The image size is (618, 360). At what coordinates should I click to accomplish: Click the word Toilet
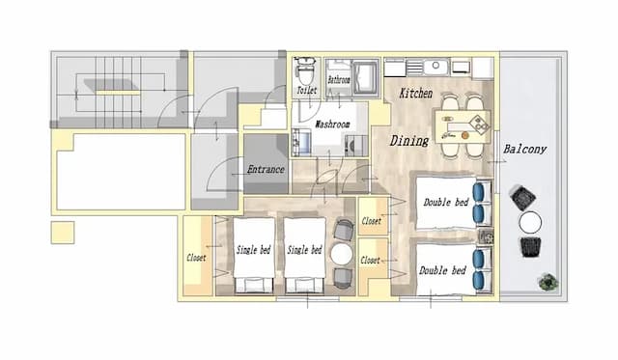[x=307, y=90]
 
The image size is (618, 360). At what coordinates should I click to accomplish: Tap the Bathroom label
[x=339, y=80]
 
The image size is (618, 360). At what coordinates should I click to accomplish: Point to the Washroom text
[x=332, y=125]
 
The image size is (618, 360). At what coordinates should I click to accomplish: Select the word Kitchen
[x=416, y=94]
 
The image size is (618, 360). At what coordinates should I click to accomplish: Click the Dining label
[x=409, y=141]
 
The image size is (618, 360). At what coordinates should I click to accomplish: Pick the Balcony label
[x=524, y=150]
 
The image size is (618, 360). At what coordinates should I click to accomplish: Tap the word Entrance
[x=266, y=169]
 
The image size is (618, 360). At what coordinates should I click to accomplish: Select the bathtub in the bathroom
[x=366, y=77]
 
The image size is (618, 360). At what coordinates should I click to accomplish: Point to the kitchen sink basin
[x=435, y=67]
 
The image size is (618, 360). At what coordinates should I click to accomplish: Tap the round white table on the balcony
[x=530, y=223]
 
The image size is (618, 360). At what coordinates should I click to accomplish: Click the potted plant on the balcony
[x=548, y=282]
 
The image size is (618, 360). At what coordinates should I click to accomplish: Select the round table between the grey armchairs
[x=341, y=254]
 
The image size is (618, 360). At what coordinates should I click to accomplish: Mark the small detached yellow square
[x=63, y=233]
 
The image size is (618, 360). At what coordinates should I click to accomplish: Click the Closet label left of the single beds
[x=196, y=258]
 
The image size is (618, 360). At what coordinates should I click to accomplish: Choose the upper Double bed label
[x=446, y=203]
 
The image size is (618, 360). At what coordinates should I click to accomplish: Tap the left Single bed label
[x=253, y=250]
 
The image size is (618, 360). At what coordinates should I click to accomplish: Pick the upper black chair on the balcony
[x=522, y=197]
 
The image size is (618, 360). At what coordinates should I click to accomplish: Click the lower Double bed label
[x=442, y=270]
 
